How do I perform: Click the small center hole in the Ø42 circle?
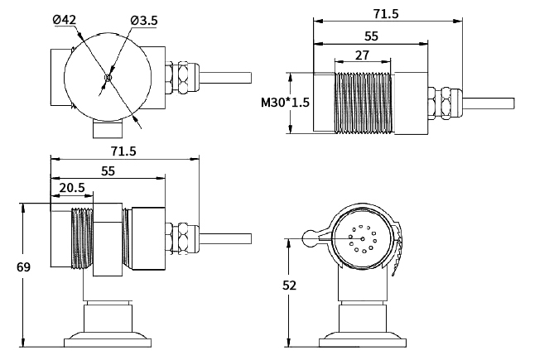coord(108,79)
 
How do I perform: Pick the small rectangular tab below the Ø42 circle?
coord(106,129)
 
